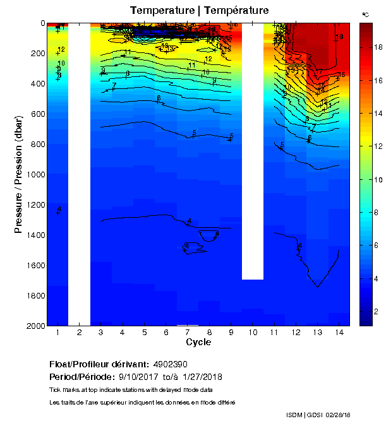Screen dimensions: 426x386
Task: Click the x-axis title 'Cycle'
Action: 198,342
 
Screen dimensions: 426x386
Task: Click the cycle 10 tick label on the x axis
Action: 253,332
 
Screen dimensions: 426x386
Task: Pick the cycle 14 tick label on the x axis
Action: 339,332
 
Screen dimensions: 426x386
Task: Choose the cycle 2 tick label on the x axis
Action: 80,332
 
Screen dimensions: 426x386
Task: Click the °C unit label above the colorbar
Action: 365,14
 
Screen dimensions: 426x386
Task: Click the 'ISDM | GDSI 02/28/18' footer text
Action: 318,415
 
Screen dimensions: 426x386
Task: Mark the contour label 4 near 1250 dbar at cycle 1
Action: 59,209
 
